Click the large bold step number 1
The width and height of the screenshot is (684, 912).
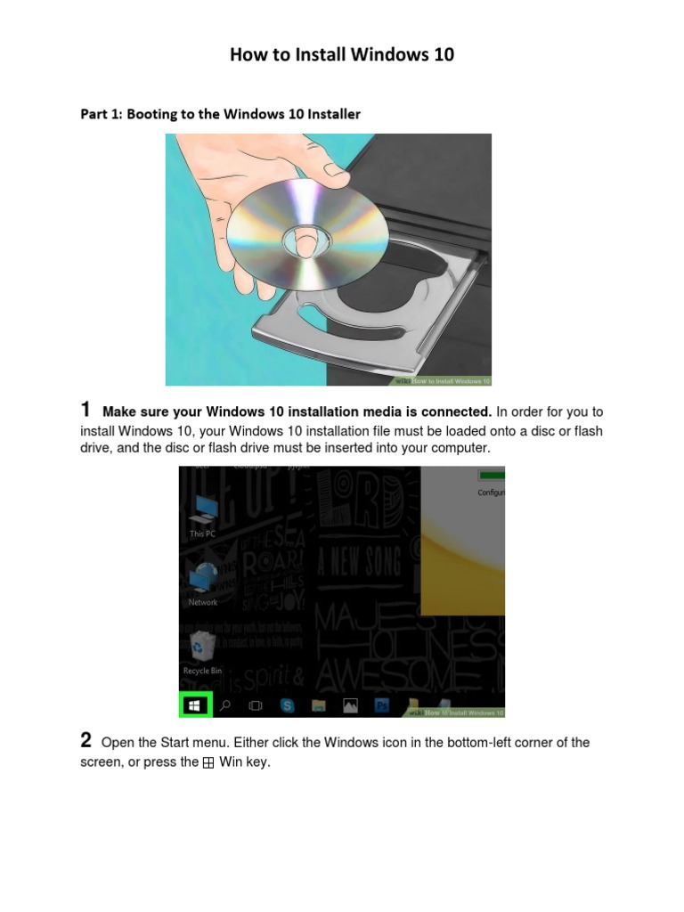tap(85, 410)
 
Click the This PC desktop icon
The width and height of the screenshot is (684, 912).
tap(203, 511)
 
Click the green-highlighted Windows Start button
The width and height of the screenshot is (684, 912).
tap(196, 705)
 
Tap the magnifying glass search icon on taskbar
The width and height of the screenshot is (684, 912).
tap(226, 705)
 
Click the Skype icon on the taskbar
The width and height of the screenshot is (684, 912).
tap(287, 705)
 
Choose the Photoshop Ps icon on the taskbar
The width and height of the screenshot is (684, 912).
tap(382, 705)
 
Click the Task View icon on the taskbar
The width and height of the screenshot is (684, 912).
tap(256, 705)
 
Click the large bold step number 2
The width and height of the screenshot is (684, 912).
tap(85, 740)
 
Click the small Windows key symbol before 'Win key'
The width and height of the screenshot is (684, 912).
tap(208, 763)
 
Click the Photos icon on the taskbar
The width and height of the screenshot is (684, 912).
tap(351, 705)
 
